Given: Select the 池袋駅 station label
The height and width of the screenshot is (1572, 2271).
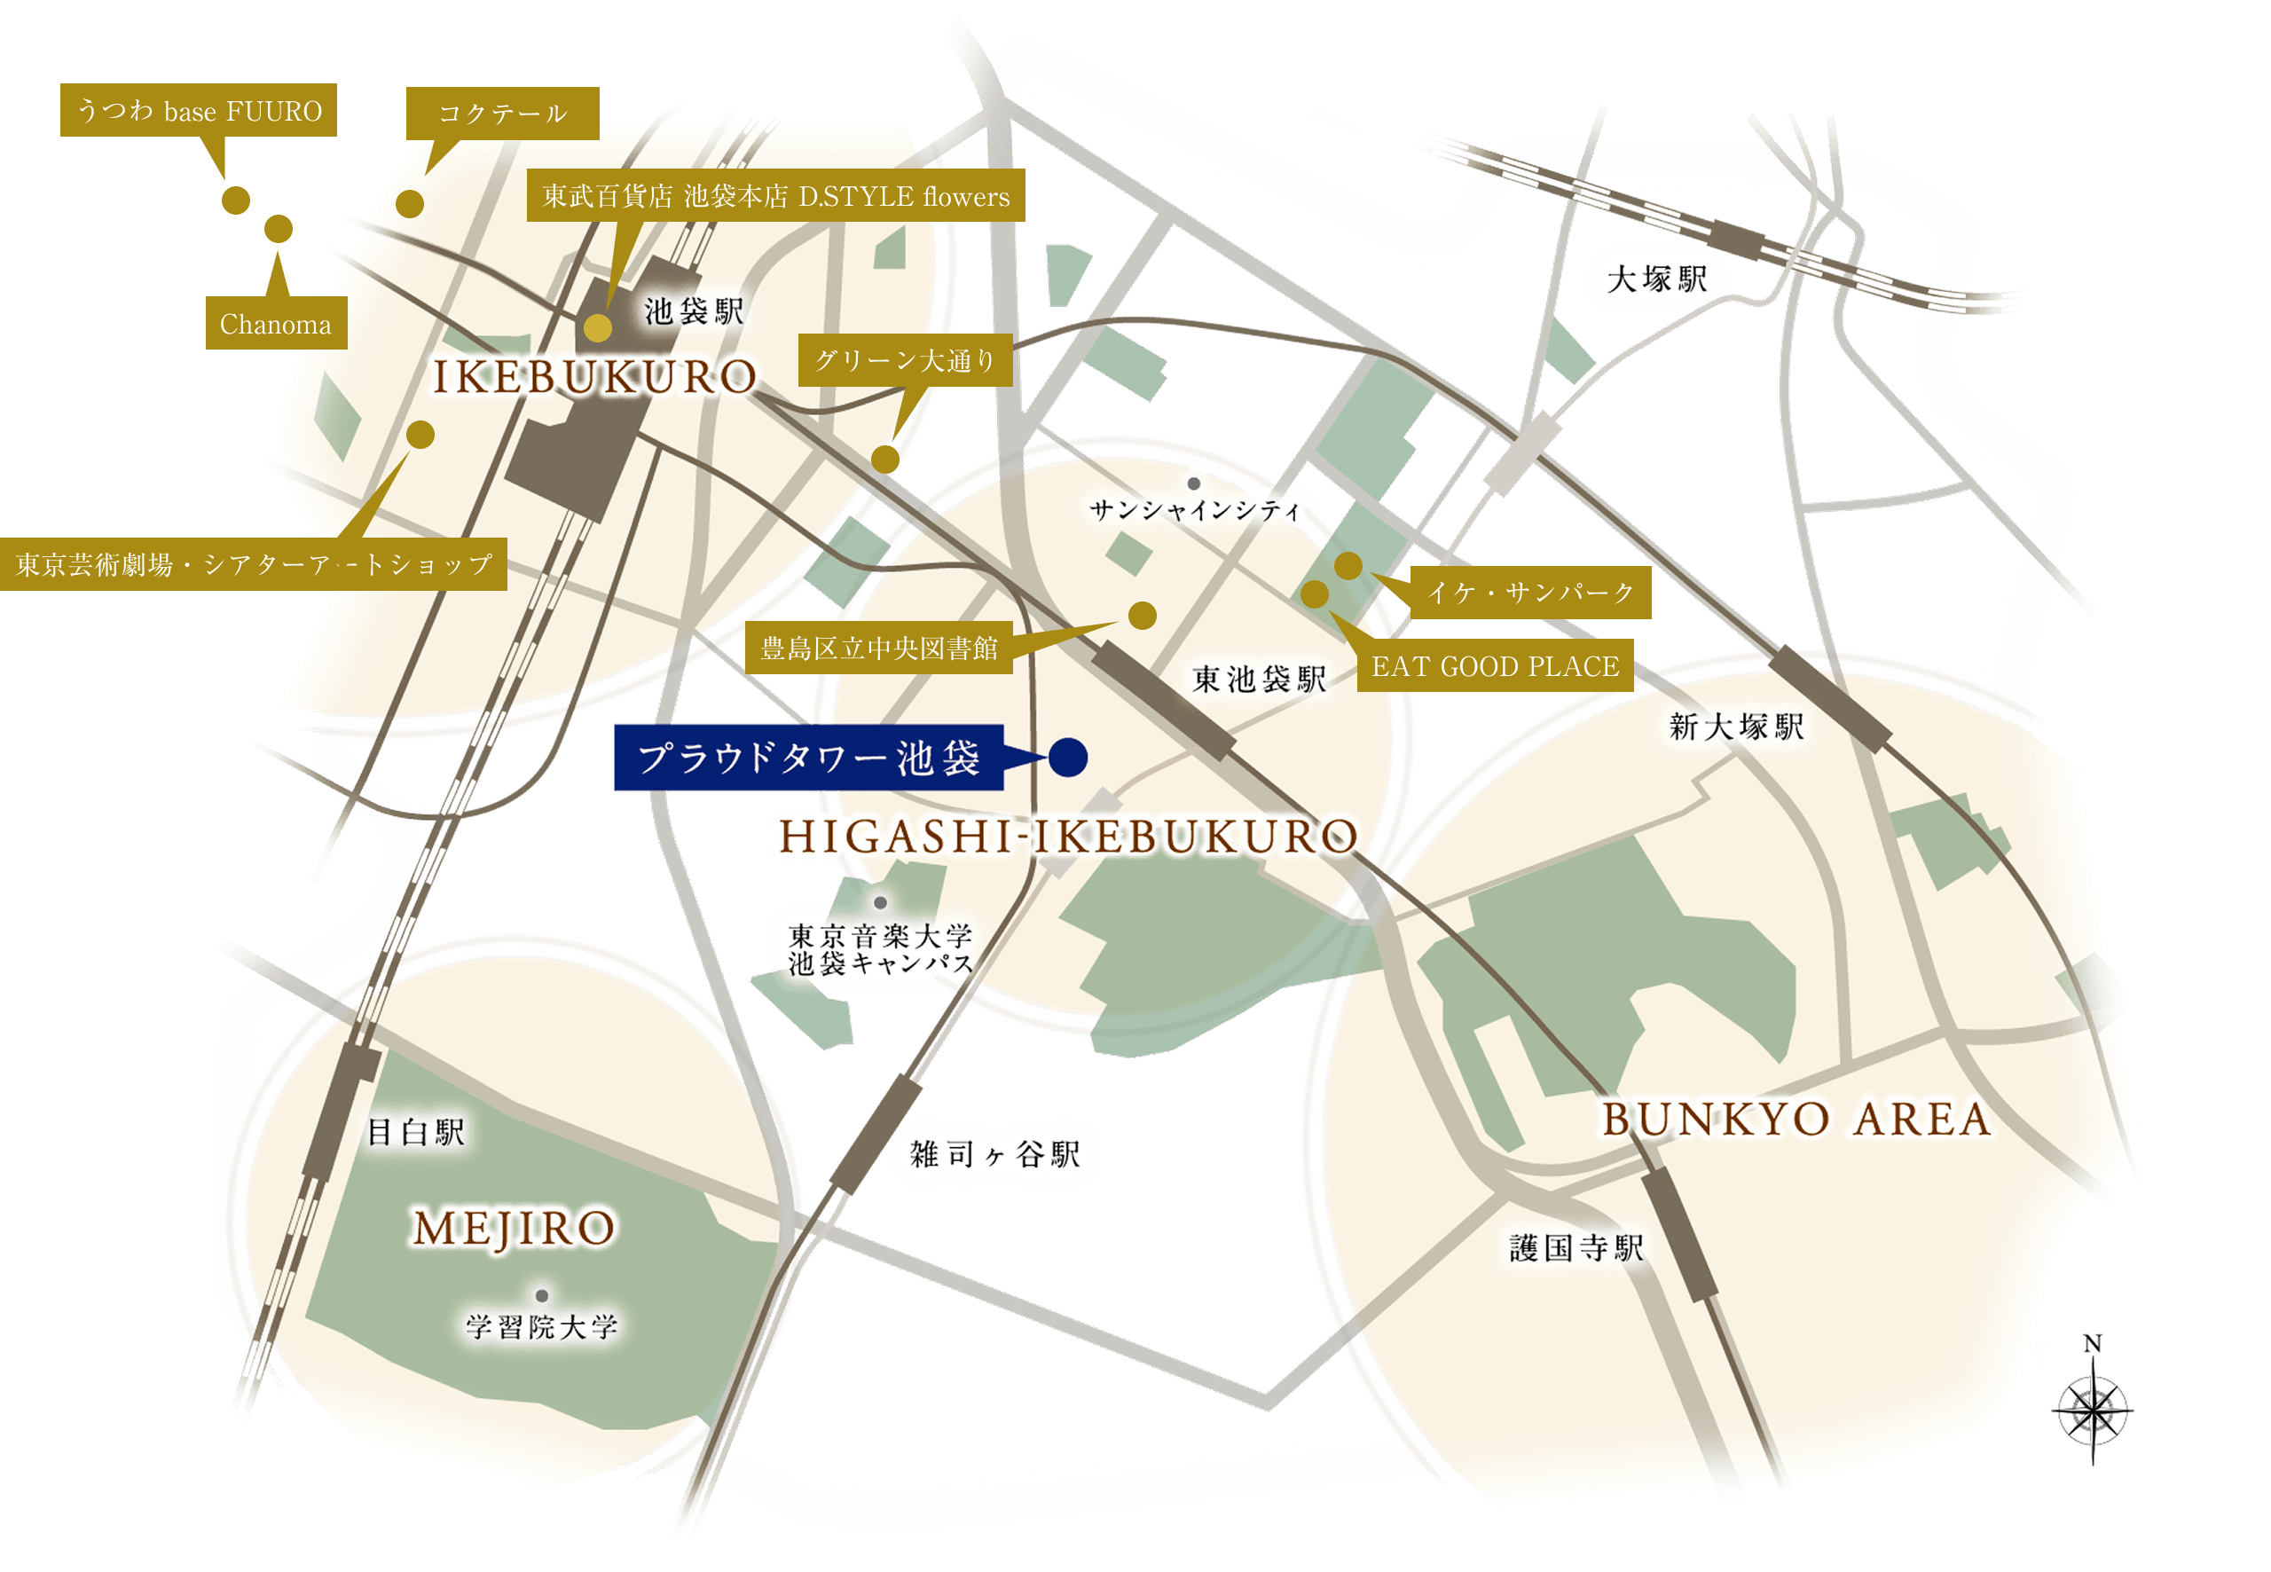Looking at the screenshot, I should click(x=694, y=311).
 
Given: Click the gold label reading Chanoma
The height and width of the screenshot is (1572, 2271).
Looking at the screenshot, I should click(x=276, y=323).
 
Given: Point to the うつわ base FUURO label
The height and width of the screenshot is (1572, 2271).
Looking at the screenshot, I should click(x=198, y=110).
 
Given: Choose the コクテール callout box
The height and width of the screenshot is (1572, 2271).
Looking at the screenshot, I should click(x=502, y=114).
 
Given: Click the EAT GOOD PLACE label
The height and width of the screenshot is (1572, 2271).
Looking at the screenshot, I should click(x=1494, y=666).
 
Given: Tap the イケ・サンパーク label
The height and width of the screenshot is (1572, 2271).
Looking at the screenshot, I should click(x=1529, y=592).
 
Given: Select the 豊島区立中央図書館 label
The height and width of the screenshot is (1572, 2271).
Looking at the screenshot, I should click(x=878, y=647).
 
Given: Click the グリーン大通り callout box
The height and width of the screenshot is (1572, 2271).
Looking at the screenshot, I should click(x=904, y=360).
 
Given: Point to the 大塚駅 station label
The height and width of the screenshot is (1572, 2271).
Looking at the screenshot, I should click(x=1656, y=279).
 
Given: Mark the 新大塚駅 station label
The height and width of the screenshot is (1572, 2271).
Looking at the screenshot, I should click(x=1735, y=727).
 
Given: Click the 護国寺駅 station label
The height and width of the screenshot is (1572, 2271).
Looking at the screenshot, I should click(x=1576, y=1248).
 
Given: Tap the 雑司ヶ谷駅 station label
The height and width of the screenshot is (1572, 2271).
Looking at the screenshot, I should click(x=994, y=1153).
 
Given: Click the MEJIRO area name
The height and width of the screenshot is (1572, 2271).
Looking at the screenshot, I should click(x=513, y=1229).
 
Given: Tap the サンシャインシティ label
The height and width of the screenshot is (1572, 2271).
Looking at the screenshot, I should click(x=1195, y=509).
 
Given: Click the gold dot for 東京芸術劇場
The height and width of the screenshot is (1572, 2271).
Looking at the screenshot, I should click(x=420, y=435).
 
